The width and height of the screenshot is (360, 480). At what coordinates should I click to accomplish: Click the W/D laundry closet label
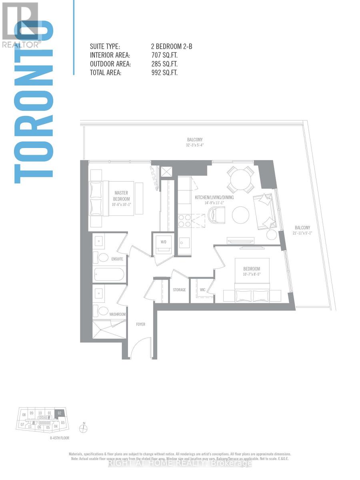click(163, 242)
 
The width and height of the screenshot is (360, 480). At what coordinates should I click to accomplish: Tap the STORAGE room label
click(179, 290)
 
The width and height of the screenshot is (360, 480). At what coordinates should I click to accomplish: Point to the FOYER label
click(140, 324)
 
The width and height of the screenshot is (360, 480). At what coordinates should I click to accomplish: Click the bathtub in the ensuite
click(109, 275)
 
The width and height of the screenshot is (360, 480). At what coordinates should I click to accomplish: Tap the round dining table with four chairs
click(240, 180)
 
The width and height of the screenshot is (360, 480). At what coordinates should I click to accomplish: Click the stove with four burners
click(184, 221)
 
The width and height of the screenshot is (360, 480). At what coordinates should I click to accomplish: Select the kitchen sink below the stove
click(184, 242)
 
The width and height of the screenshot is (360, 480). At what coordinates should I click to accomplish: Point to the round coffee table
click(240, 215)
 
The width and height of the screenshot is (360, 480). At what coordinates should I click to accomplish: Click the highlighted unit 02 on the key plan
click(59, 413)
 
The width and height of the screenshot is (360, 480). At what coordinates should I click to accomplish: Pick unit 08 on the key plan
click(24, 415)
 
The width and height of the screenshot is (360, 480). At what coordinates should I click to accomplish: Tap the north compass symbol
click(83, 429)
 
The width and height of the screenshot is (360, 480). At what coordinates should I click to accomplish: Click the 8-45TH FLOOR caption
click(57, 438)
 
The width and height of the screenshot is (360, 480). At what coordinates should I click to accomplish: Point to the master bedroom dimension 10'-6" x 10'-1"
click(121, 204)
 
